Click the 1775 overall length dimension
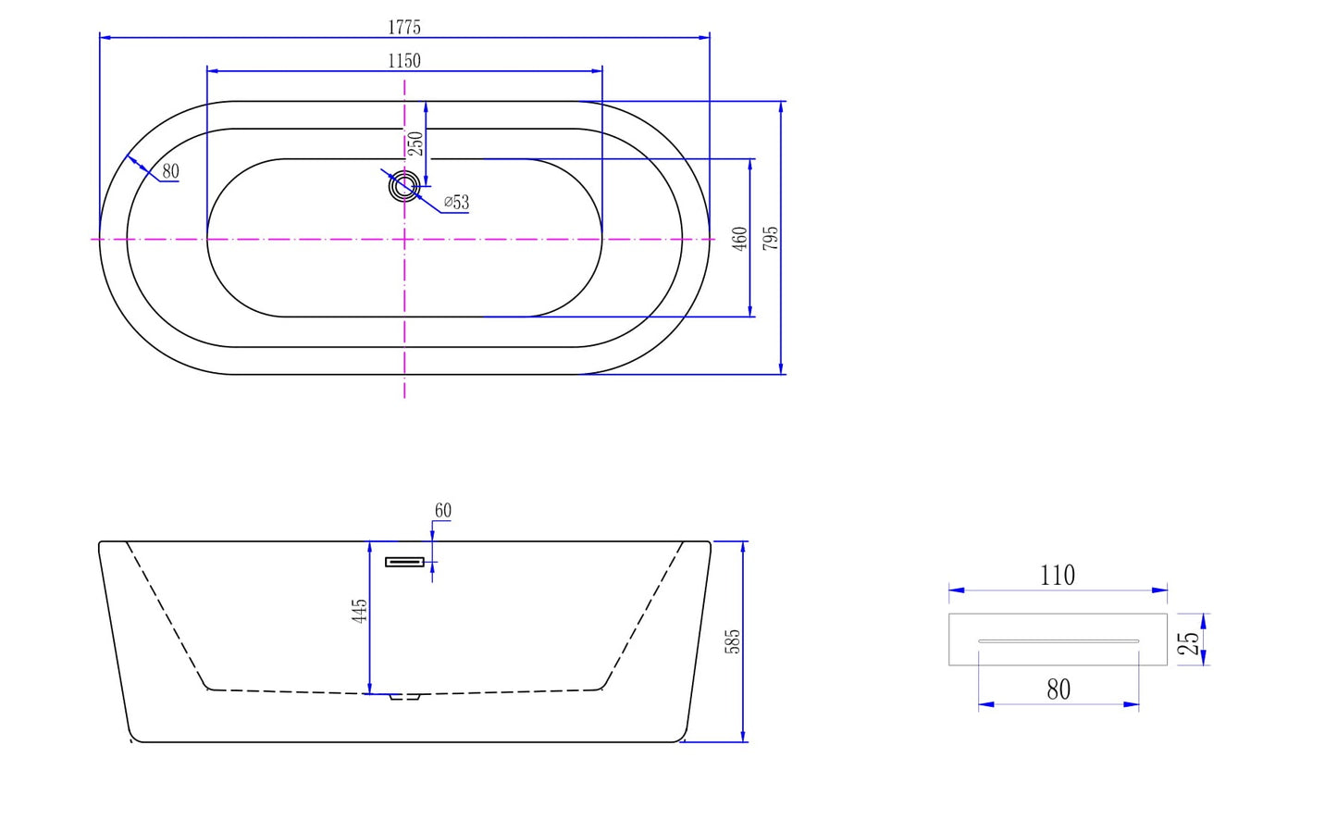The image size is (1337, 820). (x=404, y=28)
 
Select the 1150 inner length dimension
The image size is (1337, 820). (x=404, y=61)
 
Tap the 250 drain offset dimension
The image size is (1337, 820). (x=416, y=143)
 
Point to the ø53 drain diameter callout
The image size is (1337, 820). (x=456, y=202)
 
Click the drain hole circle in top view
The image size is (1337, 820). (x=404, y=186)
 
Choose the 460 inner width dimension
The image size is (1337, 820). (x=739, y=239)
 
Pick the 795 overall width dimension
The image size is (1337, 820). (x=771, y=238)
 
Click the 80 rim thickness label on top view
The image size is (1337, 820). (x=170, y=171)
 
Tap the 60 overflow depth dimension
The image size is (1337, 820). (x=443, y=511)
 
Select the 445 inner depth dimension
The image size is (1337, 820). (x=359, y=612)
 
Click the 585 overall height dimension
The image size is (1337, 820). (x=733, y=641)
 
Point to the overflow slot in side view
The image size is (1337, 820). (x=404, y=562)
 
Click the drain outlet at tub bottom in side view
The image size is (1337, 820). (x=405, y=697)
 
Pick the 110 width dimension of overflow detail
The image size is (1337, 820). (x=1058, y=576)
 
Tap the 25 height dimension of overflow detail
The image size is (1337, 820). (x=1188, y=642)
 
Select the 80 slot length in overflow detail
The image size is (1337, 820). (x=1058, y=690)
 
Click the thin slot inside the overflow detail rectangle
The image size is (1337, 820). (x=1058, y=641)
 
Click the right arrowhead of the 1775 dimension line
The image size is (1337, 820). (x=704, y=38)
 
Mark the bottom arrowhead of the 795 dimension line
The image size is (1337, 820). (x=781, y=368)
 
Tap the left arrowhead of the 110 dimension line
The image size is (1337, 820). (x=957, y=590)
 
